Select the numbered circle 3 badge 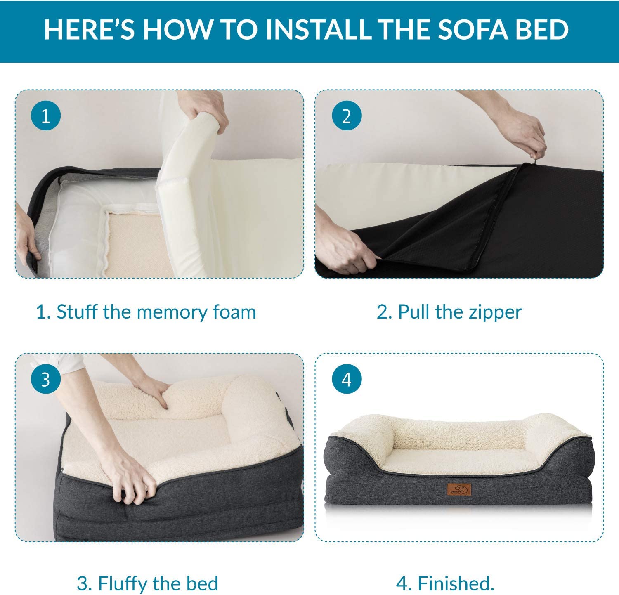tap(46, 379)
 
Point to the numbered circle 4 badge tap(347, 379)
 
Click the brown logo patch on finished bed tap(459, 491)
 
